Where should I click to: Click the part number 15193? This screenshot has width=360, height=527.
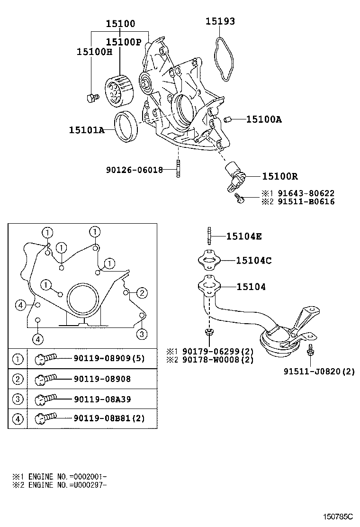(x=220, y=21)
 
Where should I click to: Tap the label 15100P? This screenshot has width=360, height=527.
(x=124, y=42)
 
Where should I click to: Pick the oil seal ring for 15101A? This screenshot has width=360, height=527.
(x=126, y=126)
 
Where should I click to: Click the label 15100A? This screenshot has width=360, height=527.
(x=263, y=119)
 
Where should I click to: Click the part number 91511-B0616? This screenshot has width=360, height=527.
(x=312, y=201)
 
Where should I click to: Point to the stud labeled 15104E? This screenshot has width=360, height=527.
(x=208, y=235)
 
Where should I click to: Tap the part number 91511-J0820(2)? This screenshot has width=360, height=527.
(x=319, y=372)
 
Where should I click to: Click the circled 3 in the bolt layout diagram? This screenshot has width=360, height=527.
(x=142, y=334)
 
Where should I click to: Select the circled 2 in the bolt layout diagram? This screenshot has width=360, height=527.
(x=142, y=292)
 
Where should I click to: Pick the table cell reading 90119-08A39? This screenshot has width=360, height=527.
(x=102, y=399)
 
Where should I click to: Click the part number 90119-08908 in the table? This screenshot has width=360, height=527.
(x=102, y=379)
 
